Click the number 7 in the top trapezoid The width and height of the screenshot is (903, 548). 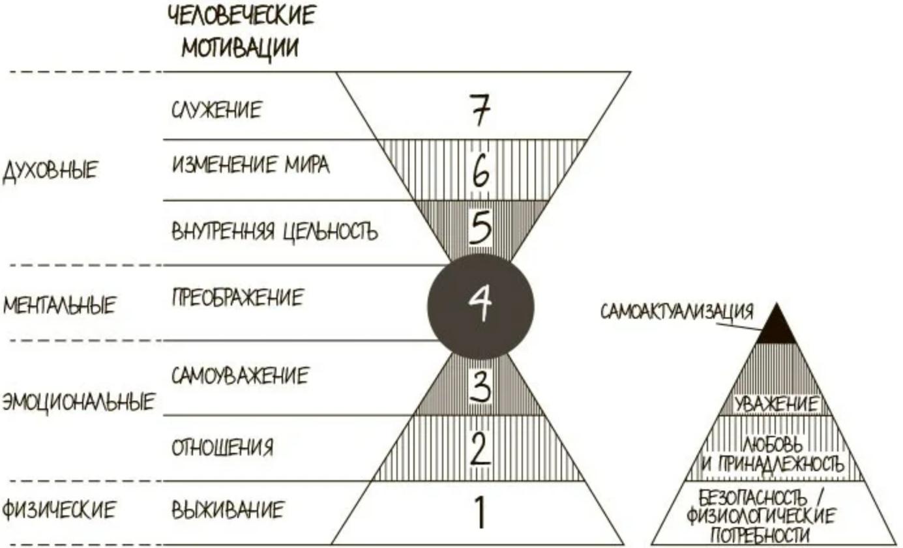click(481, 109)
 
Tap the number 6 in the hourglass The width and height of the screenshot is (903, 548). click(481, 171)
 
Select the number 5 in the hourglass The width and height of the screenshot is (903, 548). click(481, 227)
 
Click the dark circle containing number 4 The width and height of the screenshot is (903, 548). click(481, 306)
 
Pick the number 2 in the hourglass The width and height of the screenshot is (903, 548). click(481, 448)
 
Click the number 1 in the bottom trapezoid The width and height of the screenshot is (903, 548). click(480, 513)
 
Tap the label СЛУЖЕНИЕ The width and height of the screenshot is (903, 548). click(216, 109)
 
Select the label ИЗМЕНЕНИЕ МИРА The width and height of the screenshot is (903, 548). click(250, 165)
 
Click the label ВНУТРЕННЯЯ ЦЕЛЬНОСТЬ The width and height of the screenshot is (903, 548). click(275, 231)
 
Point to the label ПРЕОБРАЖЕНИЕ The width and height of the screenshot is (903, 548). click(237, 298)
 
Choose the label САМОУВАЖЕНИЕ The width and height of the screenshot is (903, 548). click(240, 376)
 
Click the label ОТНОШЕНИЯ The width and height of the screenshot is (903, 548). click(222, 447)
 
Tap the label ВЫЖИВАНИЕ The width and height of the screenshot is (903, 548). click(228, 510)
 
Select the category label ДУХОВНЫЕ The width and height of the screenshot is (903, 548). click(50, 171)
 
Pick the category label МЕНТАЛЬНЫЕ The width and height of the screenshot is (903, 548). click(59, 305)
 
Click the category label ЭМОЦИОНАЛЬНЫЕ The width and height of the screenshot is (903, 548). click(78, 403)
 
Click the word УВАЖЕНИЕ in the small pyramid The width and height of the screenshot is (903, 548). click(776, 404)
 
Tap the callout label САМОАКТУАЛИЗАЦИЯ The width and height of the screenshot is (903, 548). click(677, 312)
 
